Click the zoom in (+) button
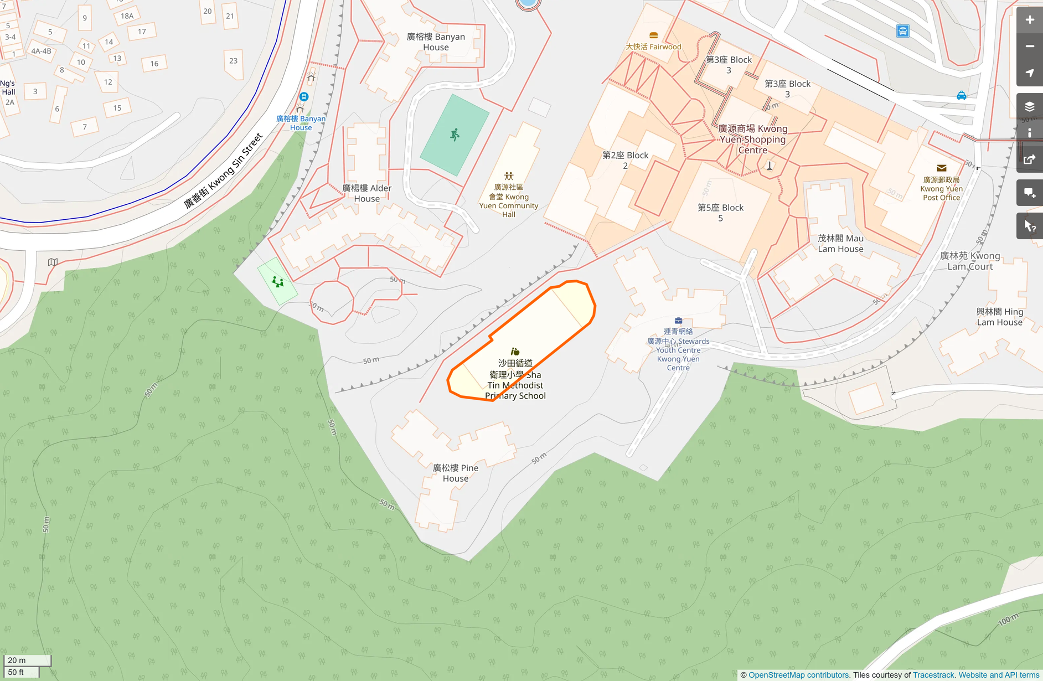click(1029, 20)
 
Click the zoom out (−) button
click(1029, 47)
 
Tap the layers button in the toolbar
click(1029, 106)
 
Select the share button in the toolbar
click(1029, 160)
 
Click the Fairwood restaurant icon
click(653, 35)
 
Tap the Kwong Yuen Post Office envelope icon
click(941, 168)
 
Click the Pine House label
click(456, 473)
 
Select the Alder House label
click(366, 193)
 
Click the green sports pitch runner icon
click(455, 135)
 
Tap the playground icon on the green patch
click(278, 282)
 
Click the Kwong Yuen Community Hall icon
click(509, 176)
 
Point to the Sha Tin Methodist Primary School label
click(515, 379)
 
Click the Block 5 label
click(720, 213)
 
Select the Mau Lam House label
click(840, 244)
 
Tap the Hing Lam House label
click(999, 317)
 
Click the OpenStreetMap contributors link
click(798, 675)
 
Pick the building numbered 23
click(233, 61)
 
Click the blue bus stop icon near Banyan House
click(303, 97)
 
